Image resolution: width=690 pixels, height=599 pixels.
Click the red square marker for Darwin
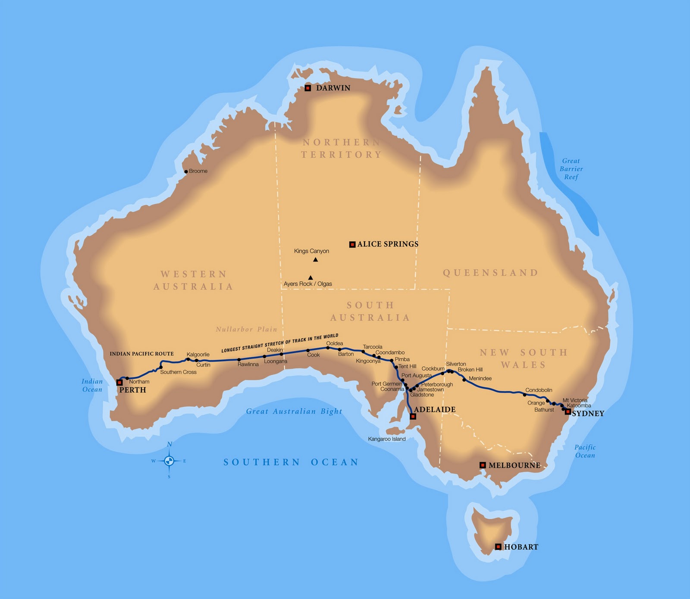[308, 88]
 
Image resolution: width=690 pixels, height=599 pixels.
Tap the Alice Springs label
[388, 244]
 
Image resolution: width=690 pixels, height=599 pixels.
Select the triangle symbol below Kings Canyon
[316, 259]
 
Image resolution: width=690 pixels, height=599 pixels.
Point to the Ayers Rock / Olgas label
[308, 284]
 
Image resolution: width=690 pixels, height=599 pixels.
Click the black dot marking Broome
[186, 172]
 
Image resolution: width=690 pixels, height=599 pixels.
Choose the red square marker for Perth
[119, 382]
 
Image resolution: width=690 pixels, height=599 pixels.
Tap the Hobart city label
[521, 547]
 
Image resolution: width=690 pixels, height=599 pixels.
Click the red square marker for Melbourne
[483, 465]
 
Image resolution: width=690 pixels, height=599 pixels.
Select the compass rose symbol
[169, 461]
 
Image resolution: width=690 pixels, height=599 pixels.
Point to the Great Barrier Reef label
[571, 169]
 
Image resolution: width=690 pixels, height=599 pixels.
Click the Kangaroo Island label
[387, 439]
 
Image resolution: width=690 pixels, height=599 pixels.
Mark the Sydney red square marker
[568, 412]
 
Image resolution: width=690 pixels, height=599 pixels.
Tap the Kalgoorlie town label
[198, 355]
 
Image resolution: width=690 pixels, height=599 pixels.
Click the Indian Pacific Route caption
[141, 354]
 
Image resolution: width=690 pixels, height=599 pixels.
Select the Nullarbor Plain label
[246, 329]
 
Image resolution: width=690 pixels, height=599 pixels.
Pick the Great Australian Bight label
[294, 411]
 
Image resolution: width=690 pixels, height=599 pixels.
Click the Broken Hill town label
[470, 369]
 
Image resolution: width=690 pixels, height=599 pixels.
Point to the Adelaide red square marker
[413, 417]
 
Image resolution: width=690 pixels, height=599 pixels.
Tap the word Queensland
[490, 273]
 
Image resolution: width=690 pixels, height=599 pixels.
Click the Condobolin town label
[539, 390]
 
